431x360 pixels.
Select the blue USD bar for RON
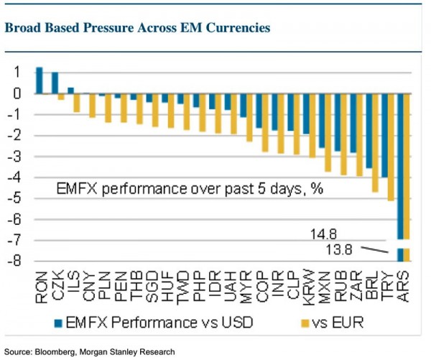tap(39, 80)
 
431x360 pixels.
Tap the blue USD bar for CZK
tap(55, 83)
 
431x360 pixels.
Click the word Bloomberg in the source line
tap(53, 352)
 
